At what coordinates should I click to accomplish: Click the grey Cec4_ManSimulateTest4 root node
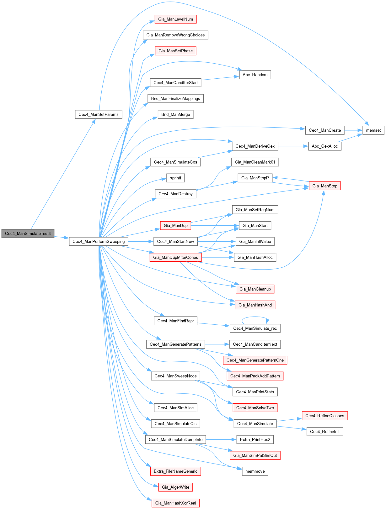(28, 234)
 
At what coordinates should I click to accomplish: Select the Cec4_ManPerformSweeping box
(99, 241)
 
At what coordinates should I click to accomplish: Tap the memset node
(373, 130)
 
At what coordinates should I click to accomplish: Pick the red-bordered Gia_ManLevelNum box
(175, 19)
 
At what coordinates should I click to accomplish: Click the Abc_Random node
(255, 75)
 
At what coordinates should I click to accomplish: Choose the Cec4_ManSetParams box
(99, 114)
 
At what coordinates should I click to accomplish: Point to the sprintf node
(175, 178)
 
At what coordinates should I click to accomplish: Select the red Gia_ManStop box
(325, 186)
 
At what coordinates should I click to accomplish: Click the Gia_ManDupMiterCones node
(175, 257)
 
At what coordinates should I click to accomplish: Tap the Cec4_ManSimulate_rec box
(255, 328)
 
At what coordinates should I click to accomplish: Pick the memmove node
(255, 471)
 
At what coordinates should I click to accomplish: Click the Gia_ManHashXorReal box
(175, 503)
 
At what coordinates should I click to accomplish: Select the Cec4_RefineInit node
(325, 432)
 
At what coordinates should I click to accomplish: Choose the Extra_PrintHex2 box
(255, 439)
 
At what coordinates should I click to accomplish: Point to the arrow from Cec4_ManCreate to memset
(353, 130)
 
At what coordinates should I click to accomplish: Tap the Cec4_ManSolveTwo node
(255, 408)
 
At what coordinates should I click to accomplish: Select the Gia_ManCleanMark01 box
(255, 162)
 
